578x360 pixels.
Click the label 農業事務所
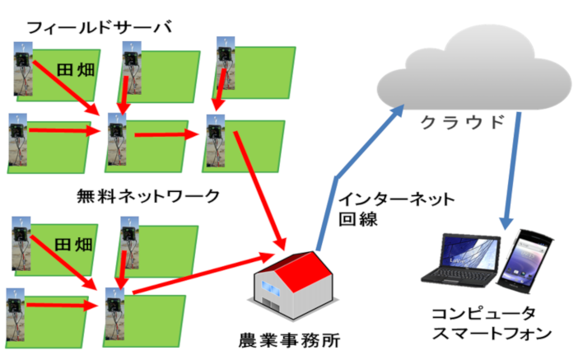point(287,339)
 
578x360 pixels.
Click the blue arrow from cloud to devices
point(513,173)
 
